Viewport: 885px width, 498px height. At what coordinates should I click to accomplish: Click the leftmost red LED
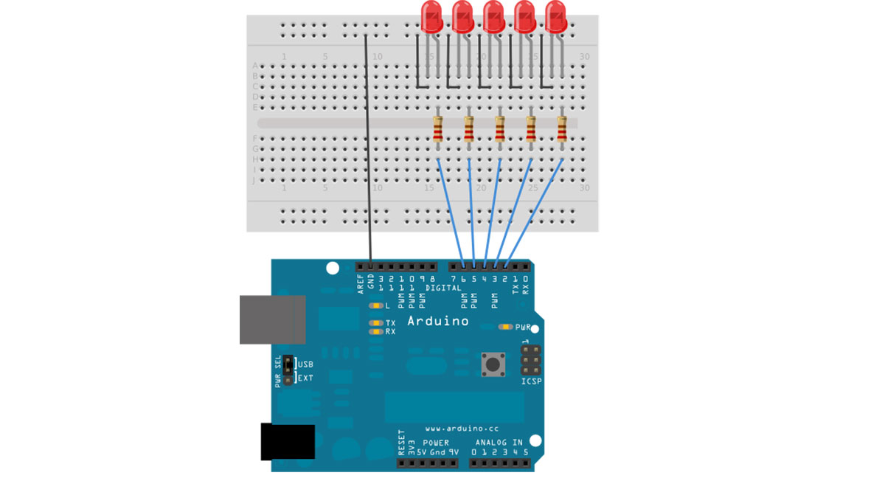click(431, 16)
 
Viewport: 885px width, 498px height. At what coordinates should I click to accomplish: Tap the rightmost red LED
click(556, 16)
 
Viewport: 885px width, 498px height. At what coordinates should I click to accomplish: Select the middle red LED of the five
click(493, 16)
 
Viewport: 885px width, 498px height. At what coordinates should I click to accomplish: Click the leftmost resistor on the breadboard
click(437, 131)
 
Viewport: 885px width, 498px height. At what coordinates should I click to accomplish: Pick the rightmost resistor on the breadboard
click(562, 131)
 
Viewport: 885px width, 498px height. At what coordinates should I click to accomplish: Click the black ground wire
click(368, 148)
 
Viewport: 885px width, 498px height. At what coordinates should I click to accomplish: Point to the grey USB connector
click(272, 319)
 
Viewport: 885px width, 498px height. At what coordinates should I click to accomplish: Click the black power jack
click(288, 442)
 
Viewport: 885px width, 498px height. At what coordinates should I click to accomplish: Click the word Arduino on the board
click(437, 321)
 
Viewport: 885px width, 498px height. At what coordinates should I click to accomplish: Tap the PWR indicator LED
click(505, 327)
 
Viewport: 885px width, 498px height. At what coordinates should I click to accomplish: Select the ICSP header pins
click(531, 359)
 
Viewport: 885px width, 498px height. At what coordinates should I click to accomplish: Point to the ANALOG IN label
click(499, 443)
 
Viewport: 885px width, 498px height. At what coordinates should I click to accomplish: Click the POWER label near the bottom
click(436, 443)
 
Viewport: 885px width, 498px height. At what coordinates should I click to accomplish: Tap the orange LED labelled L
click(376, 305)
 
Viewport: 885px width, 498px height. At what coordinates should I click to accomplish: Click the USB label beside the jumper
click(305, 364)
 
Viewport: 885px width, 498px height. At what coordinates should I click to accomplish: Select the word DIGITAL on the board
click(442, 288)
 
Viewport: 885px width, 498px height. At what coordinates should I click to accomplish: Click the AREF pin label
click(361, 283)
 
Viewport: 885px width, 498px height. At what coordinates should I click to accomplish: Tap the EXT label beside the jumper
click(305, 378)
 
